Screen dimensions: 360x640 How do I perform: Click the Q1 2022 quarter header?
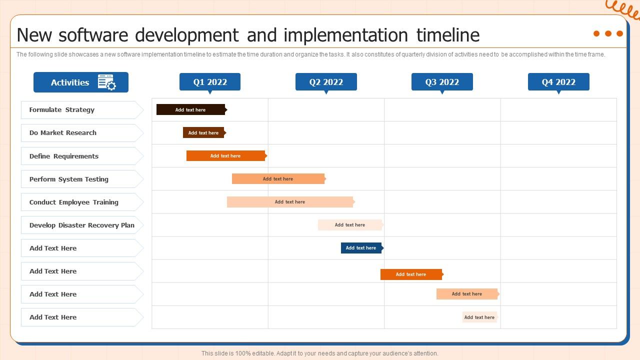pos(210,82)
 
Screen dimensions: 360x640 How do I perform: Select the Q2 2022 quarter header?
pos(326,82)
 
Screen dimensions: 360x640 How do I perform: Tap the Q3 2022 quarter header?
pos(442,82)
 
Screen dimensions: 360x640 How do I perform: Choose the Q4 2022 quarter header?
pos(558,82)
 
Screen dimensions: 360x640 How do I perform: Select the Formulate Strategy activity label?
pos(62,110)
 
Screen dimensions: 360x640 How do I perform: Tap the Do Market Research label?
pos(63,133)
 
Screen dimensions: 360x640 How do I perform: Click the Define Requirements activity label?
pos(64,156)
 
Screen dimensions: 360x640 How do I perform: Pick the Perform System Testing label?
pos(69,179)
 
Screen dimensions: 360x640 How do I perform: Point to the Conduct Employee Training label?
pos(74,202)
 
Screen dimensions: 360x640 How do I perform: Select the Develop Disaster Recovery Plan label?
pos(82,225)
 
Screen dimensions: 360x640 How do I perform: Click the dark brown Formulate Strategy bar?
pos(191,110)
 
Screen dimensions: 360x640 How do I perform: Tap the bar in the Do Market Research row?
pos(204,133)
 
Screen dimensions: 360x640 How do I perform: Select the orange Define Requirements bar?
pos(226,156)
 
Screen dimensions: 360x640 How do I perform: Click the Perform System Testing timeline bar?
pos(278,179)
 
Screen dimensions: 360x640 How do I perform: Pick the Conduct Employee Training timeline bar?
pos(290,202)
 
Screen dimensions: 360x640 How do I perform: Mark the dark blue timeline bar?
pos(361,248)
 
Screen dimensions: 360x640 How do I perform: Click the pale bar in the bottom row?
pos(479,317)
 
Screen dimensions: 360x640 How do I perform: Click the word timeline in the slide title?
pos(447,35)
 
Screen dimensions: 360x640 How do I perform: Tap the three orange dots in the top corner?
pos(608,33)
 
